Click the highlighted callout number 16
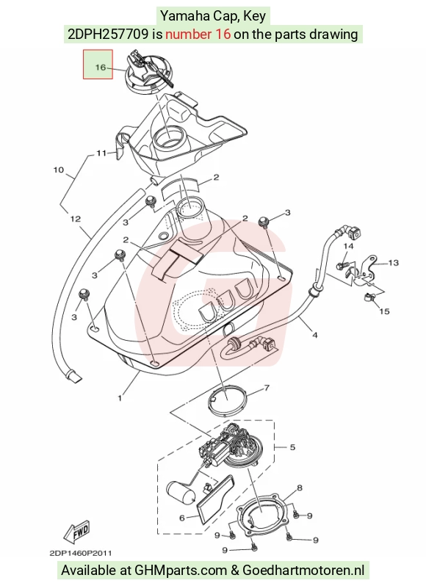pyautogui.click(x=100, y=68)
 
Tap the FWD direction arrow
pyautogui.click(x=77, y=532)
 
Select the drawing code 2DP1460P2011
pyautogui.click(x=80, y=553)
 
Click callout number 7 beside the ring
pyautogui.click(x=267, y=388)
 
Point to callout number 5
pyautogui.click(x=292, y=447)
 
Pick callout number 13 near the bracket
pyautogui.click(x=393, y=263)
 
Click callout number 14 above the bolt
pyautogui.click(x=348, y=246)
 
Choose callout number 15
pyautogui.click(x=384, y=311)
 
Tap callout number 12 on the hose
pyautogui.click(x=76, y=219)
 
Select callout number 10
pyautogui.click(x=58, y=170)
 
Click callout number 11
pyautogui.click(x=101, y=153)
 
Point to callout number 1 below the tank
pyautogui.click(x=120, y=399)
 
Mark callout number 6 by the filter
pyautogui.click(x=182, y=518)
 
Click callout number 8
pyautogui.click(x=300, y=488)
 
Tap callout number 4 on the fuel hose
pyautogui.click(x=314, y=336)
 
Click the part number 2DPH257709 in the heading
pyautogui.click(x=108, y=35)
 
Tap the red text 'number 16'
pyautogui.click(x=198, y=35)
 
